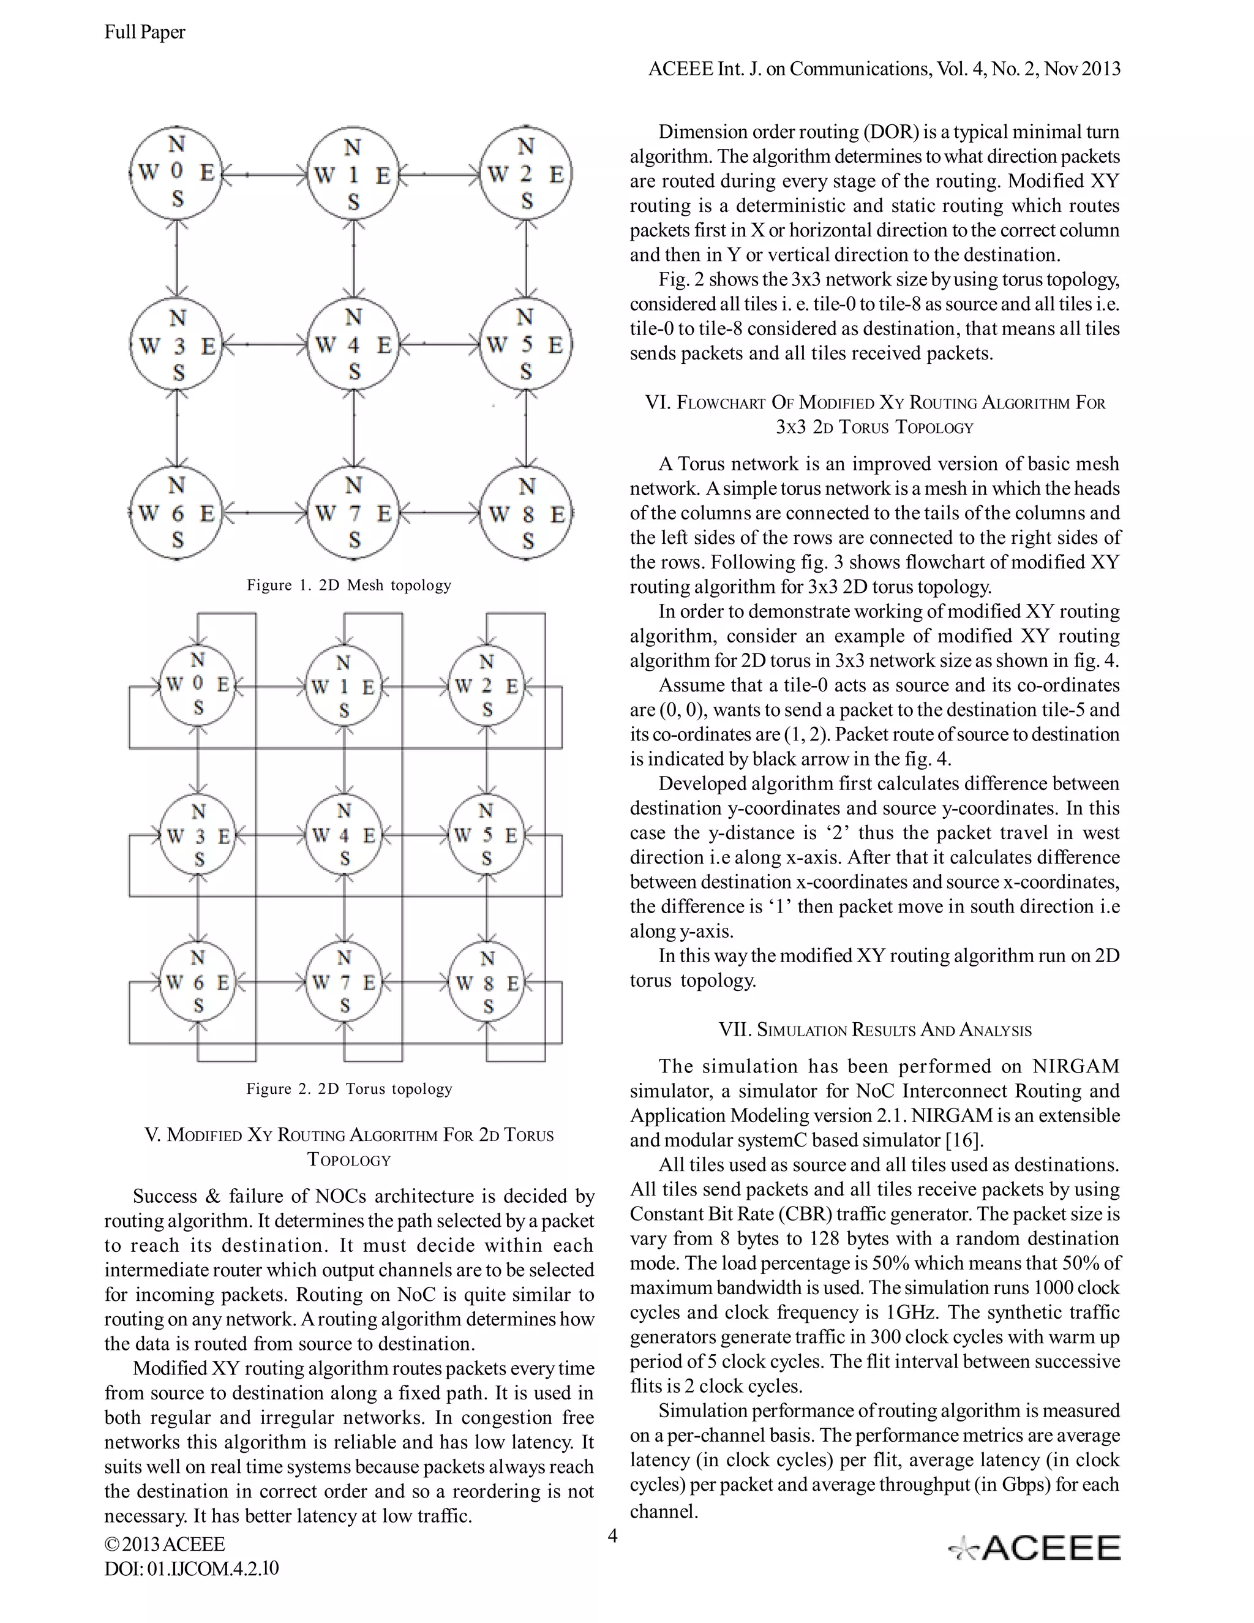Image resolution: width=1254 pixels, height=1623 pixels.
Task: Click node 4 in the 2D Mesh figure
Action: point(354,345)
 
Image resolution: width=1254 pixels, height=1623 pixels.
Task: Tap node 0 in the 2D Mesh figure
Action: point(177,173)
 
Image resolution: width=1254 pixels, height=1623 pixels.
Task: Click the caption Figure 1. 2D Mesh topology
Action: point(349,585)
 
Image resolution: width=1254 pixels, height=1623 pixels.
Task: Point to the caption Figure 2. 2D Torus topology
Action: point(349,1089)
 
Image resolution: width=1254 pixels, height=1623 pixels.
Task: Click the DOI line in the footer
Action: point(192,1568)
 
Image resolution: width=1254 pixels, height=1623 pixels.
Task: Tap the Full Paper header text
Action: point(145,32)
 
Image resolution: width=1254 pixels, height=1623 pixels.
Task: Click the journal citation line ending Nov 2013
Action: point(884,69)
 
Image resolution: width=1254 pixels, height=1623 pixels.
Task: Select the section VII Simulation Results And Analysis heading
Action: point(875,1030)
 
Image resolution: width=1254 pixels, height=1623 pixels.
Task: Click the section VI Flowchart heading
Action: point(875,415)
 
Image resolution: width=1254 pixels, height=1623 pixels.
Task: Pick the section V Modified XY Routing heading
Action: point(349,1147)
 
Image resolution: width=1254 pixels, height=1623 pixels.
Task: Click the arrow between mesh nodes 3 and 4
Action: point(266,344)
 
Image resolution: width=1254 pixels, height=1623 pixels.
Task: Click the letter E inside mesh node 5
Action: point(555,345)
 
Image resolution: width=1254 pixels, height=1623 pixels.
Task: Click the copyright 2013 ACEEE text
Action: point(165,1544)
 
